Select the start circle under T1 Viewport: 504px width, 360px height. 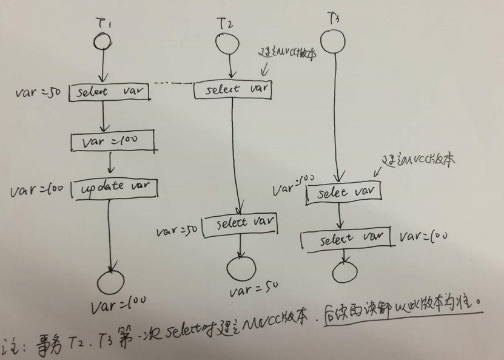pos(102,41)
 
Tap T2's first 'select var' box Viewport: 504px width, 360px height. pos(232,89)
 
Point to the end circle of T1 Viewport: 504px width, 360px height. pos(111,282)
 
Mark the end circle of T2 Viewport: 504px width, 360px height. pos(241,268)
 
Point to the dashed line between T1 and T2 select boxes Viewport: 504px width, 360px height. pos(172,84)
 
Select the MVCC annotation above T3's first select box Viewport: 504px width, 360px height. pos(419,160)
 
